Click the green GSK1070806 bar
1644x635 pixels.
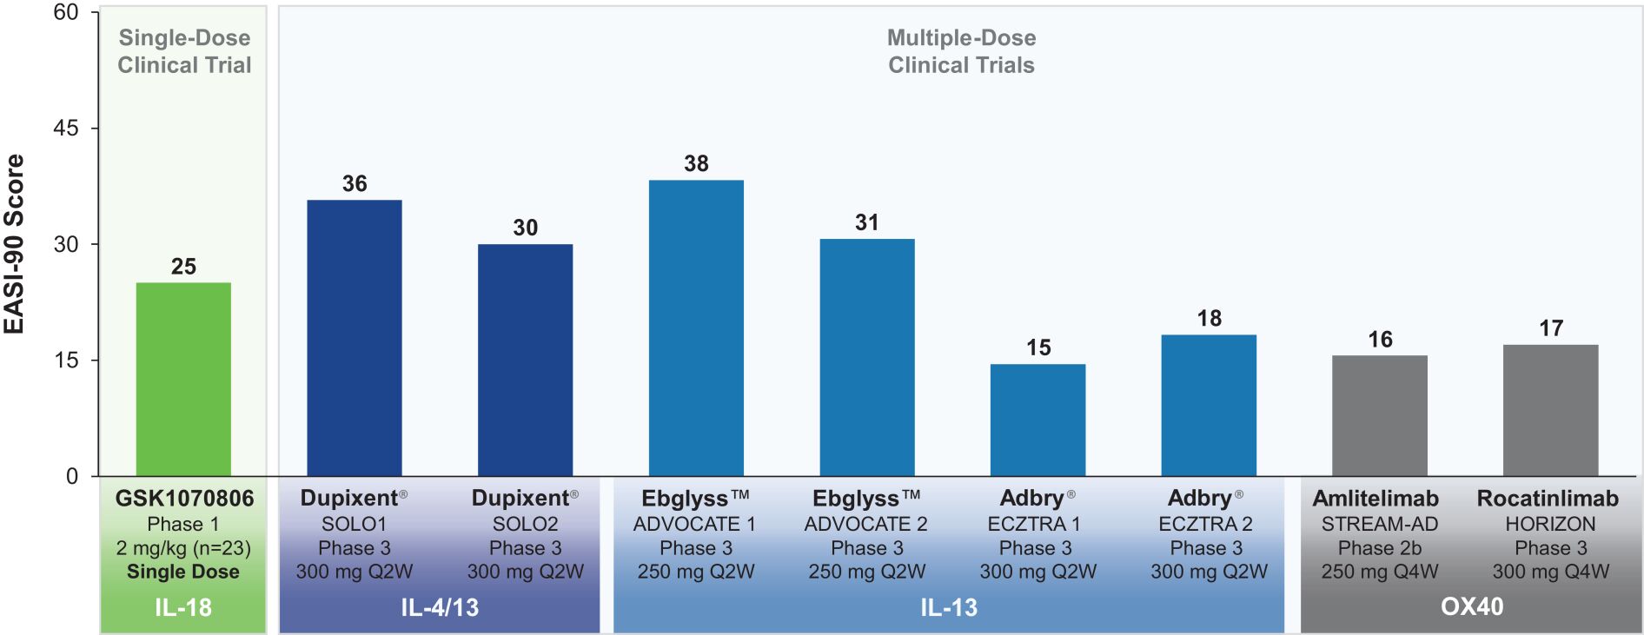(x=183, y=380)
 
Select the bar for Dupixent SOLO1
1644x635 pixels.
(x=355, y=338)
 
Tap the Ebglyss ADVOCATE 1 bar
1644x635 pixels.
(x=696, y=328)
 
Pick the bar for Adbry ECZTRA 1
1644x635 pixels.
(x=1037, y=420)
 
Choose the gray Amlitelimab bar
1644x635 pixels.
(x=1379, y=415)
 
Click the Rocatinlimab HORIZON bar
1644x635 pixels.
(x=1550, y=410)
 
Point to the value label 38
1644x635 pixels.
(x=696, y=163)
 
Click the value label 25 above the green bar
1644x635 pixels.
(x=183, y=267)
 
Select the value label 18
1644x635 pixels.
(x=1209, y=319)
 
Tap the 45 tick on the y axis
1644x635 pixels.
(x=66, y=129)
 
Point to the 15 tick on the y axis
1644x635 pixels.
(x=66, y=360)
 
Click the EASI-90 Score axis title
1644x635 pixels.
(x=15, y=244)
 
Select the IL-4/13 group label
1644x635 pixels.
(x=440, y=607)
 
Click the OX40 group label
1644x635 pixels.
(x=1471, y=606)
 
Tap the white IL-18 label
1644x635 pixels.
(x=183, y=607)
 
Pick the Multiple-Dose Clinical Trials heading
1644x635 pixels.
(x=961, y=51)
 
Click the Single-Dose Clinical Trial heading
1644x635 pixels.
(x=184, y=51)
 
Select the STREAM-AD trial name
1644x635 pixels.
(x=1380, y=524)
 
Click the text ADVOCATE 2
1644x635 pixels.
(x=865, y=524)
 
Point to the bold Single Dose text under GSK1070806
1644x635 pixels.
(x=183, y=572)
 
